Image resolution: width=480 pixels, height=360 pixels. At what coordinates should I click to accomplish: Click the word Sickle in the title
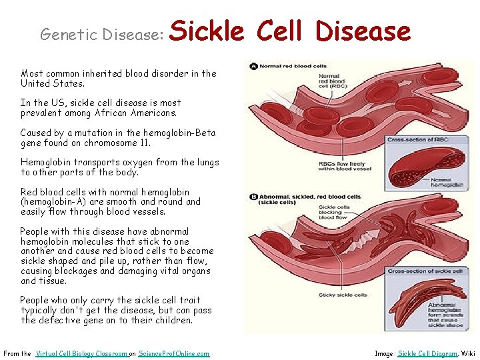click(208, 31)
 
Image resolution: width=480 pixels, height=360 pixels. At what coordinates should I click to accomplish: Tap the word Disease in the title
click(363, 31)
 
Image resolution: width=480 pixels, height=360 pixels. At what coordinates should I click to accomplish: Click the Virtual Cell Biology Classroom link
click(81, 353)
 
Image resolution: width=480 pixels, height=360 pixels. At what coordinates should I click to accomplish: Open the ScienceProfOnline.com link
click(173, 353)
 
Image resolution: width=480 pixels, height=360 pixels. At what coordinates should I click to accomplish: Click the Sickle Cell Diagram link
click(427, 353)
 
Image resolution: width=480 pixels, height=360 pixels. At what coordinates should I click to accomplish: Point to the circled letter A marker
click(254, 67)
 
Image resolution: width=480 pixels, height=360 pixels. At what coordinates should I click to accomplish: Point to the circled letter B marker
click(254, 197)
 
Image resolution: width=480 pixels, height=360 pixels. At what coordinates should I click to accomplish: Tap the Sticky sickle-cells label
click(341, 295)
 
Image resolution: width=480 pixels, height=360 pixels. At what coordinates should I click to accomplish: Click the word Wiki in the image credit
click(469, 353)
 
